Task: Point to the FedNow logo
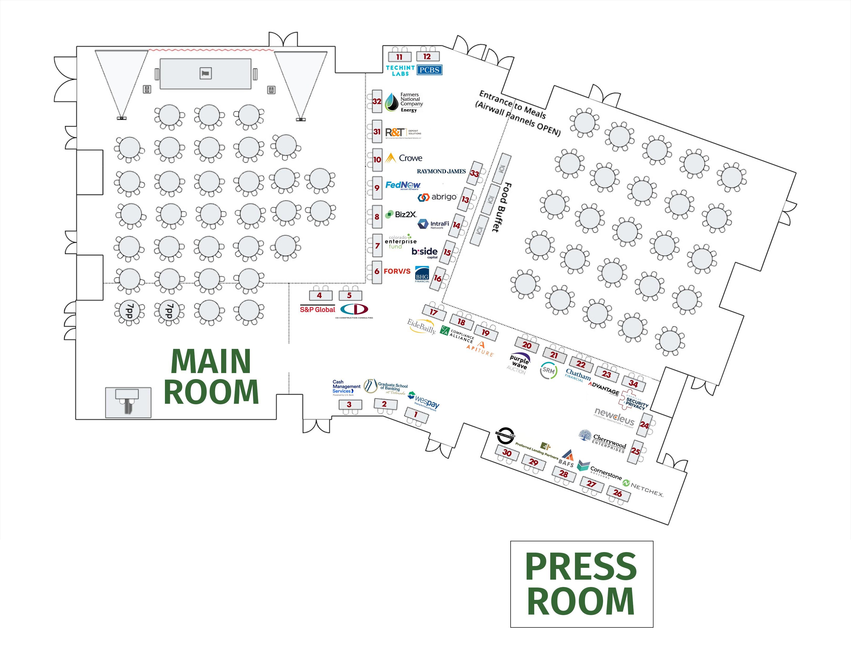[402, 185]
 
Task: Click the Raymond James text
[441, 171]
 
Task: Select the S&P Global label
[317, 310]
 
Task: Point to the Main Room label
[211, 376]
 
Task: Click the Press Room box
[581, 584]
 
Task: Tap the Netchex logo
[643, 488]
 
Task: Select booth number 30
[507, 453]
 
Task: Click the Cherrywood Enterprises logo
[603, 442]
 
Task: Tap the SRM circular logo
[548, 370]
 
